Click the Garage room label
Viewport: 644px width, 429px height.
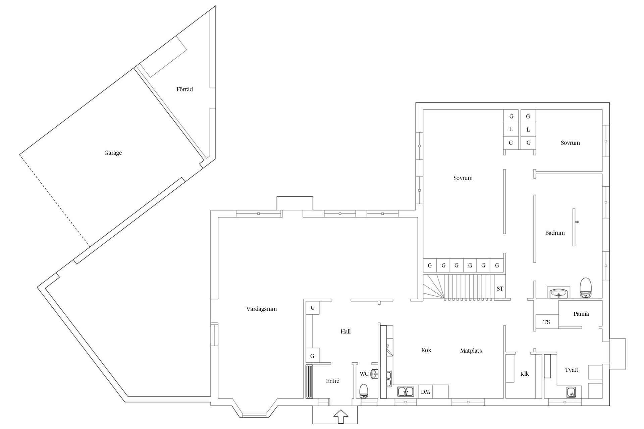[x=113, y=153]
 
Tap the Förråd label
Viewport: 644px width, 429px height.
[x=184, y=89]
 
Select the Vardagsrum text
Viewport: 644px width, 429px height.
[x=261, y=309]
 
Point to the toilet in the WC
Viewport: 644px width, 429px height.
[x=364, y=391]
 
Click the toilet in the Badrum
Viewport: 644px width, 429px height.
[x=585, y=288]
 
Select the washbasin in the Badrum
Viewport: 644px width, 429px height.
[x=558, y=293]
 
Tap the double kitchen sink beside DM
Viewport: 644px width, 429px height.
[x=406, y=391]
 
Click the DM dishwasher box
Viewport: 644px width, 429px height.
[x=425, y=391]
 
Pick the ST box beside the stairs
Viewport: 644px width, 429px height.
[x=500, y=289]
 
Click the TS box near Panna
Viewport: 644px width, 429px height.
[x=546, y=322]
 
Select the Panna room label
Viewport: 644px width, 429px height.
[x=581, y=314]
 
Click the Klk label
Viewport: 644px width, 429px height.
[x=524, y=374]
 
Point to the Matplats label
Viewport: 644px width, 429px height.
[x=471, y=351]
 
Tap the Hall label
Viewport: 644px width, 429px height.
[x=345, y=331]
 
